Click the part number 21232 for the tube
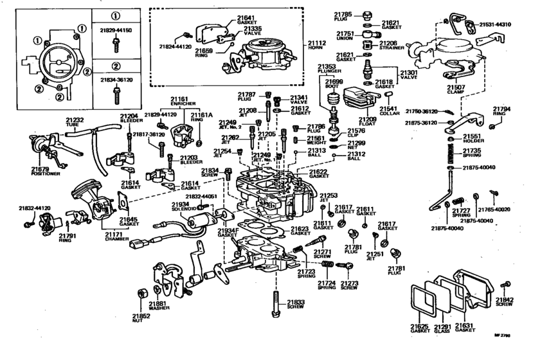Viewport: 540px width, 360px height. pos(74,120)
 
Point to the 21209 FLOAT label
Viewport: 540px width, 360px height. pos(368,122)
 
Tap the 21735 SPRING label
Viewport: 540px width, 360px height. pos(473,154)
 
